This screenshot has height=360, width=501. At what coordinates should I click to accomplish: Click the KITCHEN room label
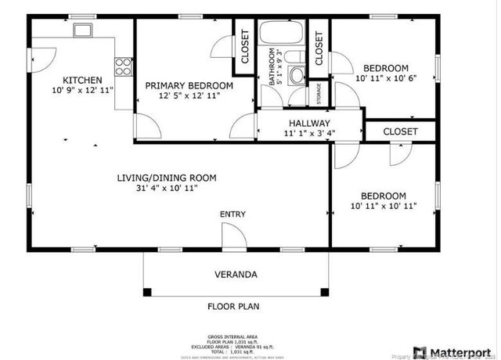[82, 80]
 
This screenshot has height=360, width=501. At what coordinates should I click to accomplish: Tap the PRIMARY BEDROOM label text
[189, 85]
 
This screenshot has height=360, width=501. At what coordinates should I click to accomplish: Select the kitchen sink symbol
[82, 31]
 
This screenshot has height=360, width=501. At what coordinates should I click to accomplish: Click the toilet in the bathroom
[296, 75]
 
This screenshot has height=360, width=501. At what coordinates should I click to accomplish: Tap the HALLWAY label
[309, 124]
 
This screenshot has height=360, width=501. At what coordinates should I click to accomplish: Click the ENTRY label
[232, 214]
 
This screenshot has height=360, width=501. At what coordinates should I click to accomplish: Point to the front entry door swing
[232, 235]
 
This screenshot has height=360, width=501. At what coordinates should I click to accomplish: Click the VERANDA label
[236, 275]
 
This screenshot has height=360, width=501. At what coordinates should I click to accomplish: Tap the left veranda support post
[146, 293]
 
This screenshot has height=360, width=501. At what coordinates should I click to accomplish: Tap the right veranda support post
[324, 293]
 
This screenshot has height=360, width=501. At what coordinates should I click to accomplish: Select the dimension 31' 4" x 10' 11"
[167, 189]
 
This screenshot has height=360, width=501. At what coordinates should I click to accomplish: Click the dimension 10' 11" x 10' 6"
[387, 79]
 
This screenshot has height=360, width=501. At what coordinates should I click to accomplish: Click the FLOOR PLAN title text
[232, 307]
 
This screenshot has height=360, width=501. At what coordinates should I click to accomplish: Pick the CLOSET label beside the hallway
[400, 131]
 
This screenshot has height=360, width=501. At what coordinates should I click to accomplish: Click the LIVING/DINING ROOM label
[167, 178]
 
